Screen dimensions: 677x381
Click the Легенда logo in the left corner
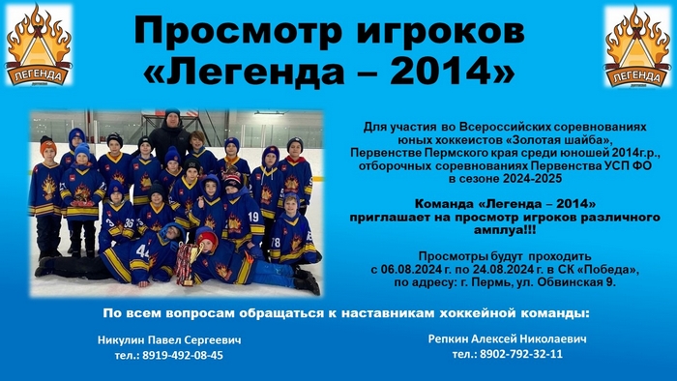tap(39, 44)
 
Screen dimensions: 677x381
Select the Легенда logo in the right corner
tap(637, 45)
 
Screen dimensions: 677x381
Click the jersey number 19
tap(253, 217)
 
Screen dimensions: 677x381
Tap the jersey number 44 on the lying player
tap(143, 250)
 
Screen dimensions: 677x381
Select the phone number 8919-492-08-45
tap(183, 355)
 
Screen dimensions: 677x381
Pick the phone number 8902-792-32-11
tap(521, 354)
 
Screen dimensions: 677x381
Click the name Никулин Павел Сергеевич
tap(169, 340)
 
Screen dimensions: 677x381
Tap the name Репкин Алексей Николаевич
tap(508, 338)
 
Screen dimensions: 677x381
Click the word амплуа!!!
tap(505, 230)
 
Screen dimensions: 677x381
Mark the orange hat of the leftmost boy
tap(48, 145)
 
